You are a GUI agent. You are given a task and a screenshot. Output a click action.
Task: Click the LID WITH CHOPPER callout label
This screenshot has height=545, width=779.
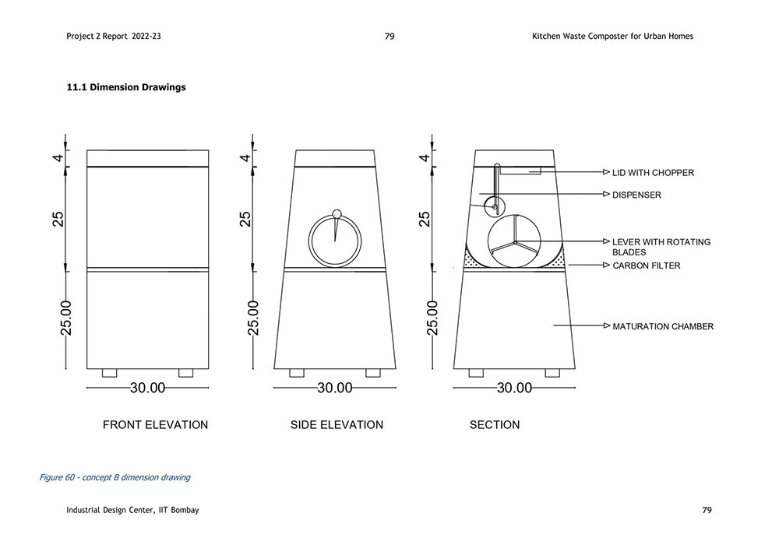click(x=653, y=173)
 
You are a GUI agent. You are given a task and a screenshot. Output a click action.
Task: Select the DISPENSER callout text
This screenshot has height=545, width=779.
click(x=636, y=195)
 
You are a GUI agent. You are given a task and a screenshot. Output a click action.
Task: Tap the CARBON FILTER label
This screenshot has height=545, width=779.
click(x=646, y=265)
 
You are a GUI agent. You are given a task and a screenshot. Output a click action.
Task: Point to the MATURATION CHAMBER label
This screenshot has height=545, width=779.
click(x=663, y=326)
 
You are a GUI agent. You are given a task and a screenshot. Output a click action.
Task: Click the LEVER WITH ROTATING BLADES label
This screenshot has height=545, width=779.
click(x=661, y=247)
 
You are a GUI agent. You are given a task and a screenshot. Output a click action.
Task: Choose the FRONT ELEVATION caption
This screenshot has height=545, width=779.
click(x=155, y=425)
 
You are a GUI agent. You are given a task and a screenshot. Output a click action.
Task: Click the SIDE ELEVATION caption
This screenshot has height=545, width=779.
click(x=337, y=425)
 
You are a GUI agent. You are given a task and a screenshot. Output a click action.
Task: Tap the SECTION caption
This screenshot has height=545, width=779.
click(x=495, y=425)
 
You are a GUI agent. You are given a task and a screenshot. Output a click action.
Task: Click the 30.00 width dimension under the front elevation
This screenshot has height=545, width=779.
click(x=147, y=388)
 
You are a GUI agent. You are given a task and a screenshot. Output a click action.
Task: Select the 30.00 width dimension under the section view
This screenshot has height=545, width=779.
click(x=514, y=388)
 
